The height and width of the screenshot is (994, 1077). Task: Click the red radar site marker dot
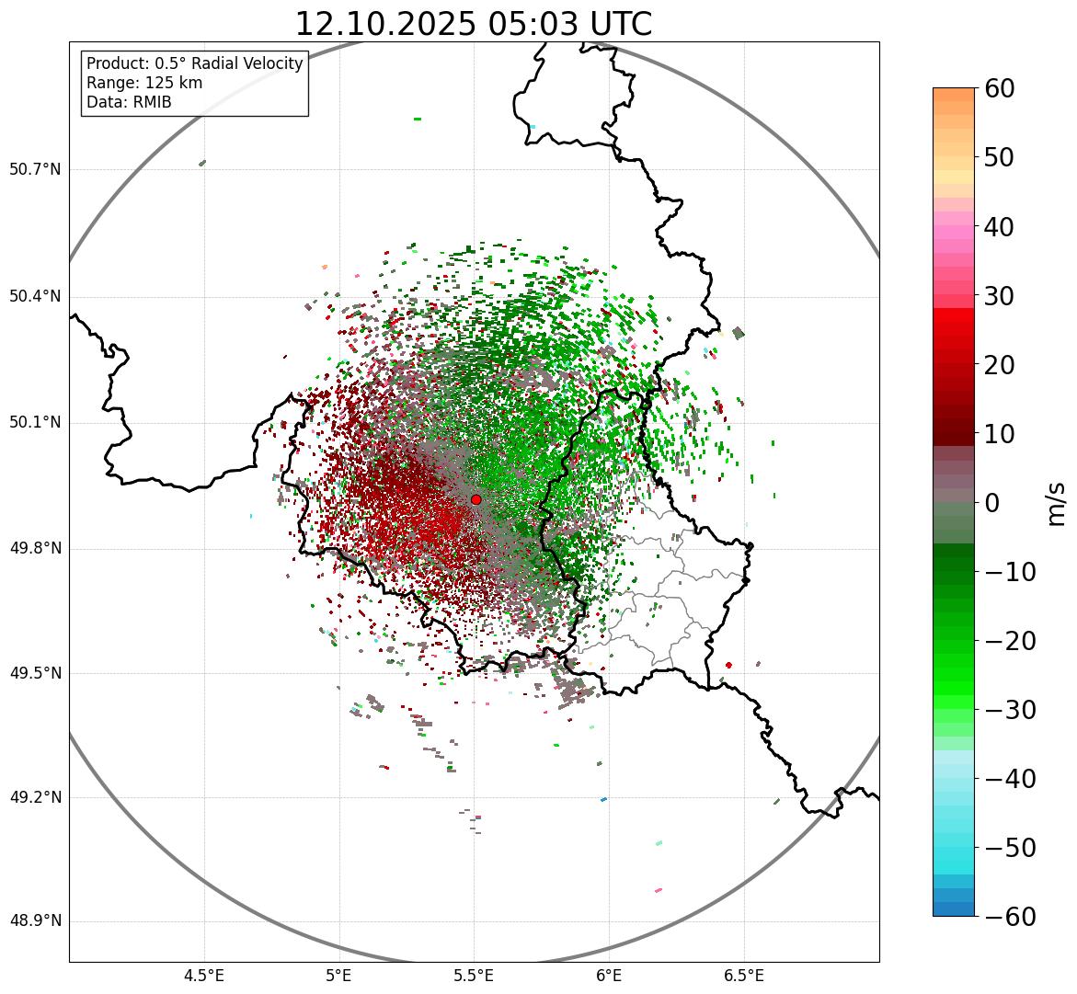(x=476, y=499)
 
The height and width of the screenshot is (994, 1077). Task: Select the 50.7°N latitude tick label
(x=35, y=169)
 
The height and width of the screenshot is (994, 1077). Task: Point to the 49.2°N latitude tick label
(x=35, y=797)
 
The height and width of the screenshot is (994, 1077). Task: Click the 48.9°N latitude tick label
(x=35, y=921)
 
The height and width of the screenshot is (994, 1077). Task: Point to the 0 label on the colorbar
(x=992, y=503)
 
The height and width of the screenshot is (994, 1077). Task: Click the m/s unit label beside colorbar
(x=1057, y=503)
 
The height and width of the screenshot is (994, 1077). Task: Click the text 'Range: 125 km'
(x=144, y=83)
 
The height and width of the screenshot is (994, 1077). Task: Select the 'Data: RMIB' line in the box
(x=129, y=102)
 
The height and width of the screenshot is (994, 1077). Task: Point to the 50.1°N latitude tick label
(x=35, y=423)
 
